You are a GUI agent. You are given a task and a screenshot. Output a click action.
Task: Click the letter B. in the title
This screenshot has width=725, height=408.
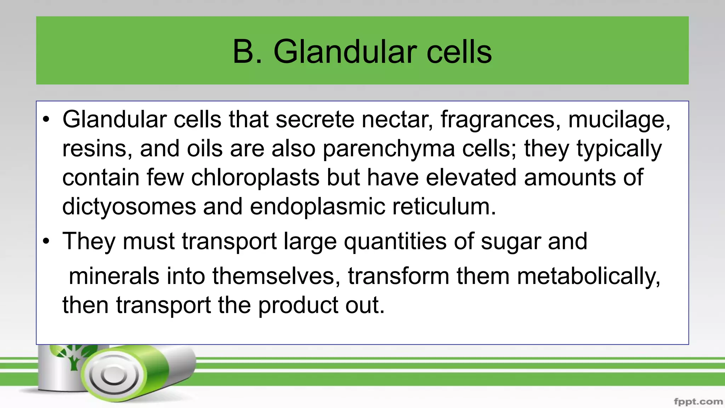click(247, 52)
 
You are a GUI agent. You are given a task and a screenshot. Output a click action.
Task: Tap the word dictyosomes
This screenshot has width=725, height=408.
click(129, 206)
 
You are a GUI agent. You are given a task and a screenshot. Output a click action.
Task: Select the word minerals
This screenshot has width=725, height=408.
click(114, 276)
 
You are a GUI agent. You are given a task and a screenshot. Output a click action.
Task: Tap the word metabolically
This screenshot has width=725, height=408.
click(589, 276)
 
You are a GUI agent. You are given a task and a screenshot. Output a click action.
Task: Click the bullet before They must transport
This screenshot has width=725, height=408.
click(46, 241)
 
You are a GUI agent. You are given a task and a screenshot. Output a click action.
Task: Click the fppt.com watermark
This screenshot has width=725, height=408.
click(698, 402)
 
